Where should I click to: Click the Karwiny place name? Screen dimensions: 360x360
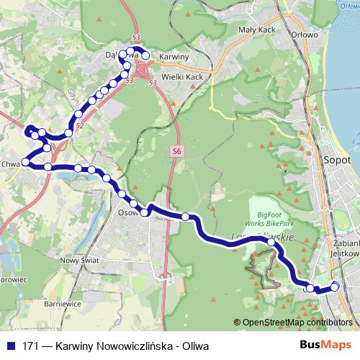coord(174,56)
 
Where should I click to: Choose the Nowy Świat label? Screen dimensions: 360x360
coord(78,261)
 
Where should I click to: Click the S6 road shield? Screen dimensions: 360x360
coord(177,150)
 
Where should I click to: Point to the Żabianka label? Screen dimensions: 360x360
coord(347,243)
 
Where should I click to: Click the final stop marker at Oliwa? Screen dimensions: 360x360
coord(335,287)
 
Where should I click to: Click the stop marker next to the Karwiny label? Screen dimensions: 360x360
coord(146,55)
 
